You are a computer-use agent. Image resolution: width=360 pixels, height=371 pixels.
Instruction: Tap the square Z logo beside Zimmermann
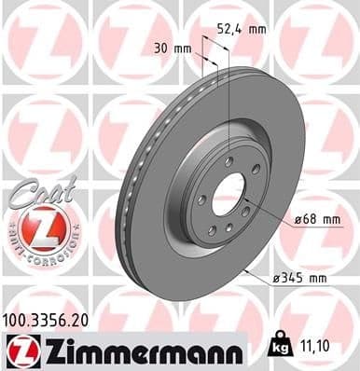click(x=18, y=349)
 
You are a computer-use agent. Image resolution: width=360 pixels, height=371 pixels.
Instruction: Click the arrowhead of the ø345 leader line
click(x=244, y=270)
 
